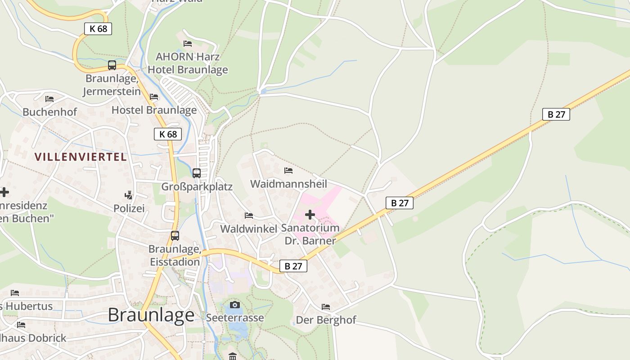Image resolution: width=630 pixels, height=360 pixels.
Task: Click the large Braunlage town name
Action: tap(151, 315)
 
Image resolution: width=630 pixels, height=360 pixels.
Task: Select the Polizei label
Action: tap(129, 208)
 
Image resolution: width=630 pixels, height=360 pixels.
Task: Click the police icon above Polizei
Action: tap(129, 195)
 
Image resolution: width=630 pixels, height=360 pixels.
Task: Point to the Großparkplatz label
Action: tap(197, 186)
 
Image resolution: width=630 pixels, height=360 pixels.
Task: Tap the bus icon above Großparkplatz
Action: tap(197, 173)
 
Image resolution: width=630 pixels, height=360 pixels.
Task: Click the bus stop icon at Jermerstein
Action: tap(112, 65)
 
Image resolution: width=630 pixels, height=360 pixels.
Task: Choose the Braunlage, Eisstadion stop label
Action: tap(175, 255)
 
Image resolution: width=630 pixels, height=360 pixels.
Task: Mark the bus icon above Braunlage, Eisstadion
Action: tap(175, 235)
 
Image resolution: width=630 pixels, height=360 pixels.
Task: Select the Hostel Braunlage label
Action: tap(154, 110)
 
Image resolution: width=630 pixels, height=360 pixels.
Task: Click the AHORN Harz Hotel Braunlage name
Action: tap(188, 63)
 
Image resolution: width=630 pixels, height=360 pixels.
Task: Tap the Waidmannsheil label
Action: tap(288, 184)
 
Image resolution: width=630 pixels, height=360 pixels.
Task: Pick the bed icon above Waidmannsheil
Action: tap(288, 171)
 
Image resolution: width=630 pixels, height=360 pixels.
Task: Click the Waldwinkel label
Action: tap(248, 229)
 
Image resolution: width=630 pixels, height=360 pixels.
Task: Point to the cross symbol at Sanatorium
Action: tap(310, 215)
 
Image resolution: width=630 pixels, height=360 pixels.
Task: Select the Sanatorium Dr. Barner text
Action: tap(310, 234)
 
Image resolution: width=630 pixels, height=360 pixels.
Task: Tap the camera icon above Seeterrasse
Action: tap(235, 305)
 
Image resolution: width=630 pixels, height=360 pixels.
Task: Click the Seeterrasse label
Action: tap(235, 318)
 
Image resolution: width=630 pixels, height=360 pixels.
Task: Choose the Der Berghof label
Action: tap(326, 320)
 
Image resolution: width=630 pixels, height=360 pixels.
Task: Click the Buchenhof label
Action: tap(50, 112)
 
